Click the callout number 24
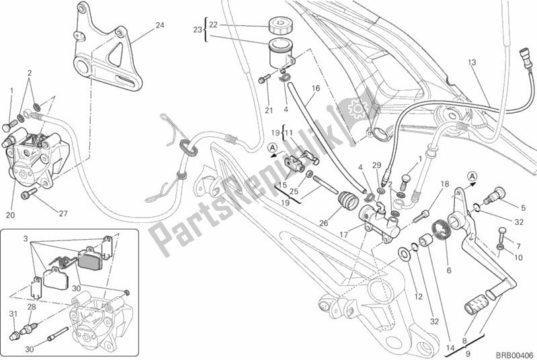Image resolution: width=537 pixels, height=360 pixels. point(159,26)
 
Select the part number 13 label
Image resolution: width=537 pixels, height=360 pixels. point(472,62)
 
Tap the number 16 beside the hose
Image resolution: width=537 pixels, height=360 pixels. point(315,88)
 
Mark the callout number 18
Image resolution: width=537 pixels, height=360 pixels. point(445,183)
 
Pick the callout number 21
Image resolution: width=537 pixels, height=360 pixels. point(268,110)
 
